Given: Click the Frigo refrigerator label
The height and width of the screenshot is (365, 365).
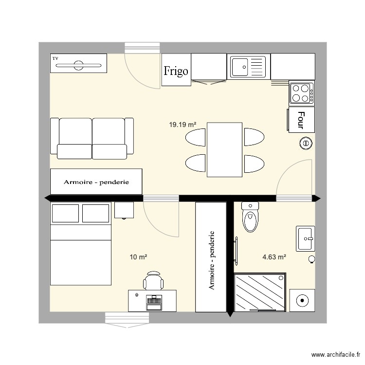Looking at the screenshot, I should pos(176,72).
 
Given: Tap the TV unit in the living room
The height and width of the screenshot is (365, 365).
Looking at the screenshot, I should pos(78,64).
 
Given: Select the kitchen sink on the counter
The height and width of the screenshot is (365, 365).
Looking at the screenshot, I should pos(248,66).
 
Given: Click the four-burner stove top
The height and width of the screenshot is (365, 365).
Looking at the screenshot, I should pos(301,93).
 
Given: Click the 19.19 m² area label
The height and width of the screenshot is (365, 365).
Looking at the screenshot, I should pos(182,125).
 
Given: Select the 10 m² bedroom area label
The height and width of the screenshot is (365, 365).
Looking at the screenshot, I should pos(138,256).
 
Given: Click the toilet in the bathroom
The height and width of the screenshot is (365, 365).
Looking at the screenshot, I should pos(251,217).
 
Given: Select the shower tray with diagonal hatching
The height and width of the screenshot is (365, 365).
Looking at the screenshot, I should pos(260,292).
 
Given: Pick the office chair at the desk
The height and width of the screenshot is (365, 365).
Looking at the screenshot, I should pos(153,281).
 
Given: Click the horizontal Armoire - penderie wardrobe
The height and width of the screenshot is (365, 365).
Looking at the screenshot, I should pos(96,182).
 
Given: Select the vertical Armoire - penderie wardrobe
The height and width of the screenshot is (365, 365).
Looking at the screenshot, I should pos(211,257).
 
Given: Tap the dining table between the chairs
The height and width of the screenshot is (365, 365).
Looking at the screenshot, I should pos(224,149).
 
